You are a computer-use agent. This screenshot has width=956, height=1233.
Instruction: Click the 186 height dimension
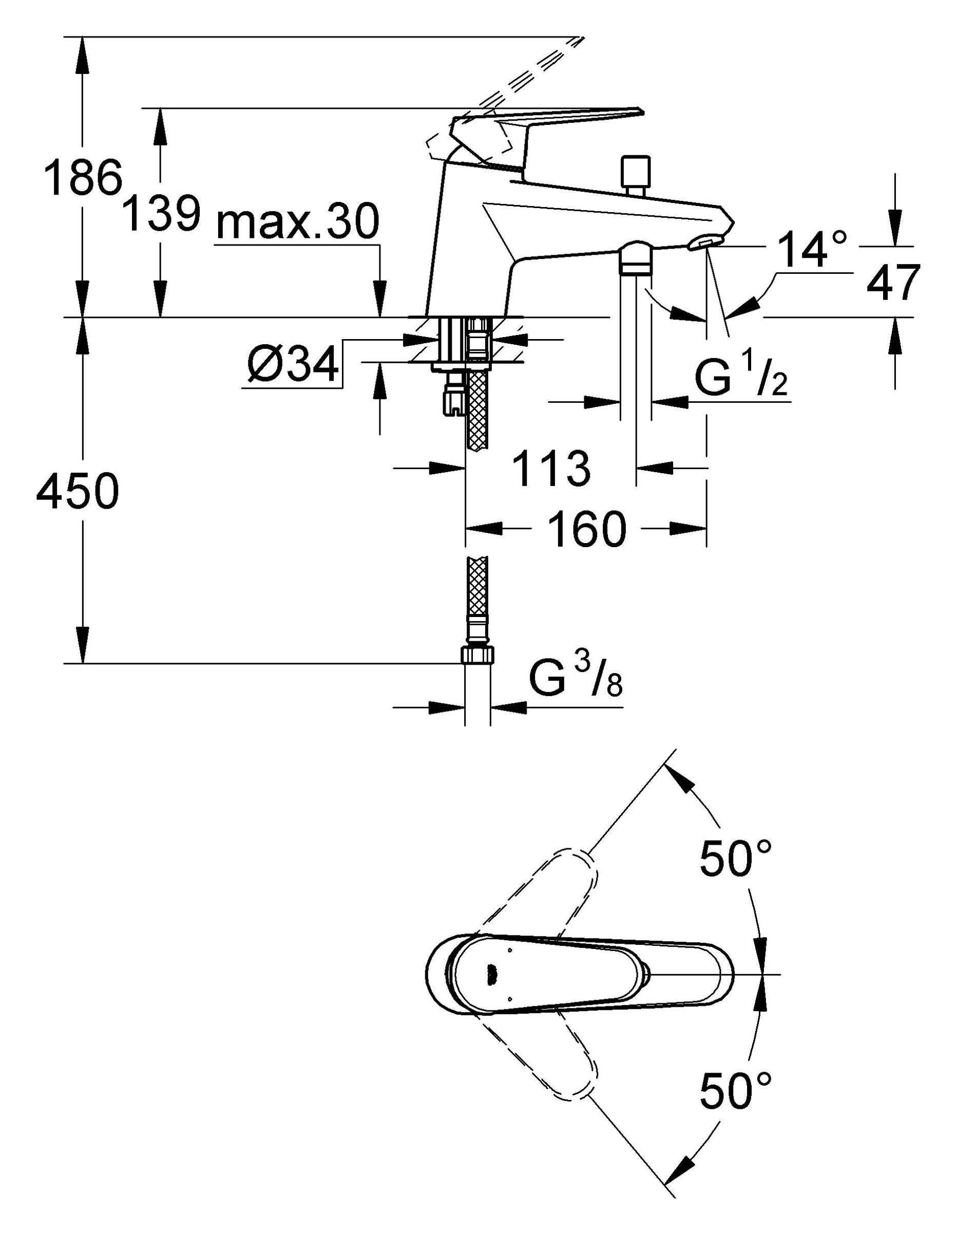83,177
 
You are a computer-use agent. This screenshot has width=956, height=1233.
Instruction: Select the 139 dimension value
161,214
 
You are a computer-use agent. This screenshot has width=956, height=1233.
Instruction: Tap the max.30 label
297,222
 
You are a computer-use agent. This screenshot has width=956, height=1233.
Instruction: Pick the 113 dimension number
552,469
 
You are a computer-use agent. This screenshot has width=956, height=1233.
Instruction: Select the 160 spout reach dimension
587,530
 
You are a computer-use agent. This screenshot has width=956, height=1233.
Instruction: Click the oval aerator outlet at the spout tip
704,244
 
